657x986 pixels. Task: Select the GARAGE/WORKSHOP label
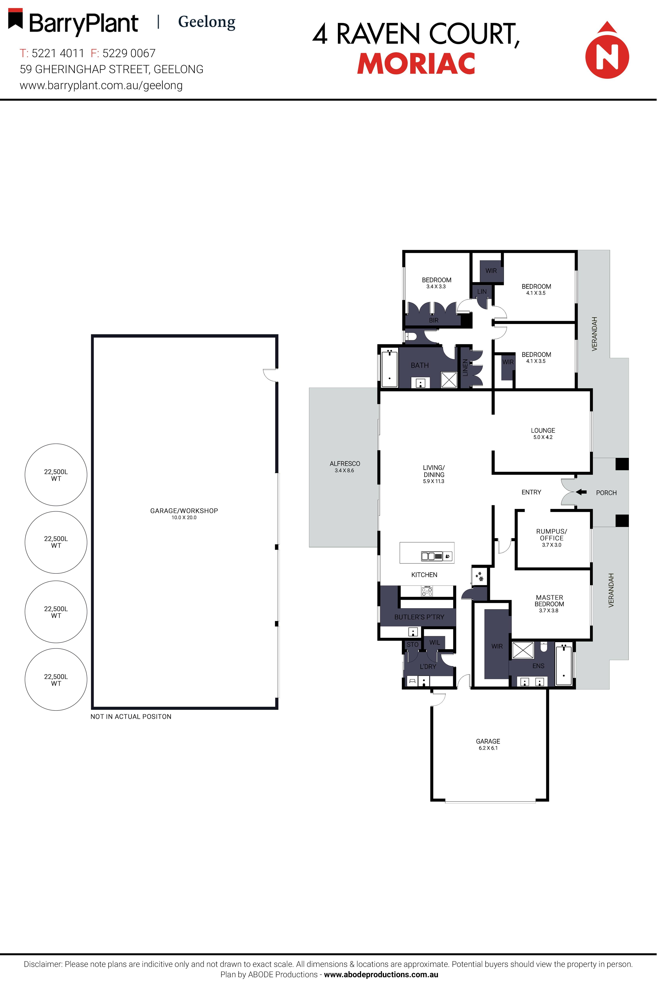(184, 513)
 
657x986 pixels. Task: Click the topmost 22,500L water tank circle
(56, 474)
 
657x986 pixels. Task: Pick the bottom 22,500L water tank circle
(56, 679)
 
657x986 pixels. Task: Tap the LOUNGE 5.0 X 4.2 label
(543, 433)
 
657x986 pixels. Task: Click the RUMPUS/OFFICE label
(551, 537)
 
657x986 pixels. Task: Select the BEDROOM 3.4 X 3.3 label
(436, 283)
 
